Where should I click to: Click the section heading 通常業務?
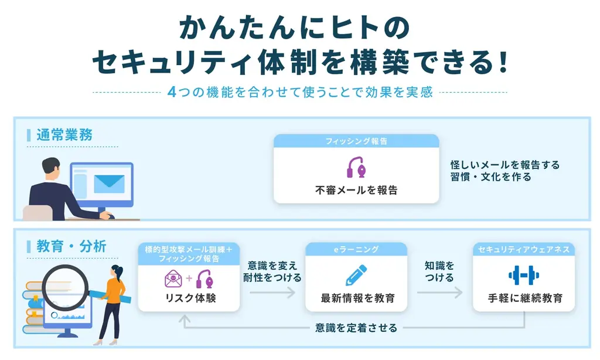[64, 134]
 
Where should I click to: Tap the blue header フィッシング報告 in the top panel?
[356, 141]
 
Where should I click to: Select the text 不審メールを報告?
[356, 190]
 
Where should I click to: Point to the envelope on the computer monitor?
[109, 184]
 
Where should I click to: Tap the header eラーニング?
[356, 249]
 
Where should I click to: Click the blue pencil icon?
[356, 276]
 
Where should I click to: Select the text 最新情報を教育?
[356, 298]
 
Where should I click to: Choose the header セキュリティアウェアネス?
[524, 249]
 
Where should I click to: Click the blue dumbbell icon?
[523, 276]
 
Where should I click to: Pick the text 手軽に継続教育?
[523, 298]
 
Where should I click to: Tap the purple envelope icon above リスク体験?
[174, 277]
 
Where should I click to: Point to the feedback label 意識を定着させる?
[356, 328]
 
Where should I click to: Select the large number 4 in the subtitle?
[171, 93]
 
